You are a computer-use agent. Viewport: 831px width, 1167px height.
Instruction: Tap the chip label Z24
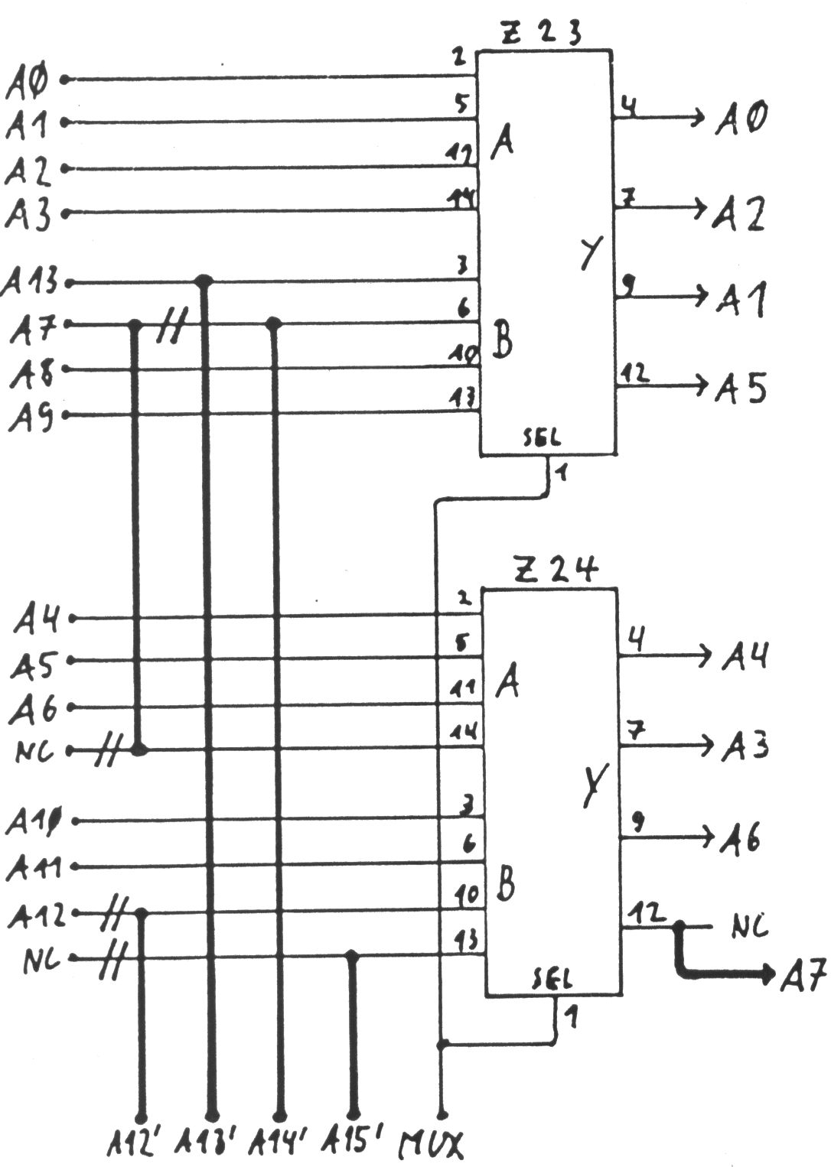pos(556,570)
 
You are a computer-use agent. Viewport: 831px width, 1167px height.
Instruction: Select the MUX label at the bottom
pos(432,1145)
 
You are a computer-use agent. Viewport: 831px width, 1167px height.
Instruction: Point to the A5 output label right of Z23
pos(741,390)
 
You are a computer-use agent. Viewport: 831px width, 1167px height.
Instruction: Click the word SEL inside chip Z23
pos(541,438)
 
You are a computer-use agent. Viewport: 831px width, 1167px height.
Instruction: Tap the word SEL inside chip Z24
pos(550,979)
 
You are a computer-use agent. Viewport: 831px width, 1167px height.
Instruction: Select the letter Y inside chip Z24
pos(591,788)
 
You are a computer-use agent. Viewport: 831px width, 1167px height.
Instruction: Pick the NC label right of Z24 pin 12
pos(748,927)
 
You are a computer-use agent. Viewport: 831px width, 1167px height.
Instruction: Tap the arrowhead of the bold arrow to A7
pos(767,974)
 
